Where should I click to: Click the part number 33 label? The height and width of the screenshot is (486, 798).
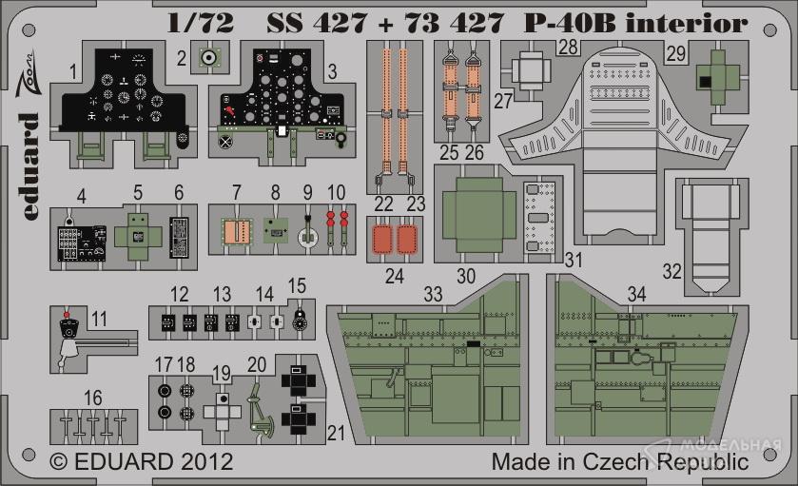click(433, 294)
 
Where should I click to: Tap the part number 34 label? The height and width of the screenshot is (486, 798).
click(636, 294)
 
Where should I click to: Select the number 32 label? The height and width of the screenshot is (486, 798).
click(671, 271)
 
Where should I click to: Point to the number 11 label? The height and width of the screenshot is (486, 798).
click(99, 319)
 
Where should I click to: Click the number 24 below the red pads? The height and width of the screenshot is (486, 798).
click(395, 277)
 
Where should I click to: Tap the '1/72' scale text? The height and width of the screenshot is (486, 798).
click(201, 24)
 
